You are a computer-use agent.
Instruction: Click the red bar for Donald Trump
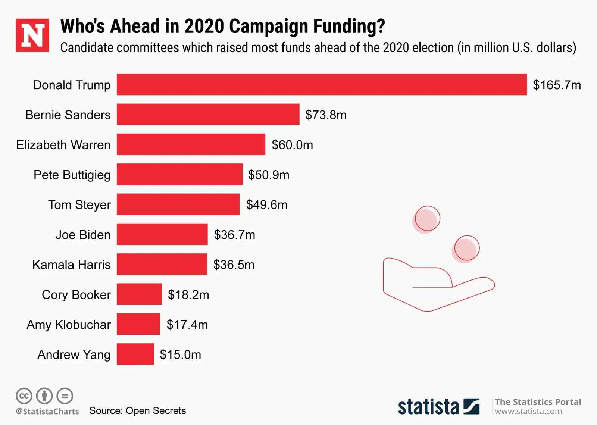pos(321,84)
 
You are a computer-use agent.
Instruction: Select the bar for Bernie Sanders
pos(208,115)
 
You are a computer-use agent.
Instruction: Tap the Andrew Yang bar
pos(135,354)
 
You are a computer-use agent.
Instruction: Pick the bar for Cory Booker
pos(139,294)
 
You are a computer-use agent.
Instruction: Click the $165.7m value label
pos(557,85)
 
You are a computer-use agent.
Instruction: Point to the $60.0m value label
pos(292,145)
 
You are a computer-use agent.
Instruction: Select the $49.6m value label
pos(267,204)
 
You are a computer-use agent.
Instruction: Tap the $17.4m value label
pos(187,325)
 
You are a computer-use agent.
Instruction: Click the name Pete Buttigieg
pos(72,175)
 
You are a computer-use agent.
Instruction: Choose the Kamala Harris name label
pos(71,265)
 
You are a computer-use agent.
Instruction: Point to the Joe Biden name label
pos(83,235)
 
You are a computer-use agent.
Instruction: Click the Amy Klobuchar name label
pos(69,325)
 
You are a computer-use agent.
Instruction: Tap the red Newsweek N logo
pos(32,35)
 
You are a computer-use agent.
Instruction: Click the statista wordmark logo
pos(438,406)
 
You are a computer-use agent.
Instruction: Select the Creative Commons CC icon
pos(24,396)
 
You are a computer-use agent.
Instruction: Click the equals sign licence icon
pos(65,396)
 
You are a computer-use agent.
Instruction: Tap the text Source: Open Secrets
pos(137,411)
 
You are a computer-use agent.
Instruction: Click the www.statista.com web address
pos(528,412)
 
